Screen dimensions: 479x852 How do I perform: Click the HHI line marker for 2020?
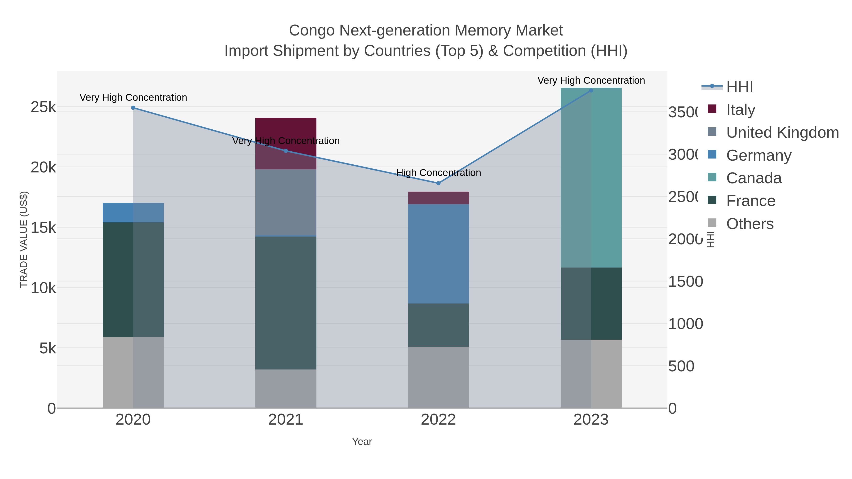click(133, 108)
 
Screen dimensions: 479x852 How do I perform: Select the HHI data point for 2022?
click(438, 183)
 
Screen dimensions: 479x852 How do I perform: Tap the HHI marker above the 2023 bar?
click(591, 91)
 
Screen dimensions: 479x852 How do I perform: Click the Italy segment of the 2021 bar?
click(286, 132)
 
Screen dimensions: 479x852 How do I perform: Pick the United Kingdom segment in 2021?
click(286, 202)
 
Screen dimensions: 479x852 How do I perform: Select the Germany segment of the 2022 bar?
click(438, 254)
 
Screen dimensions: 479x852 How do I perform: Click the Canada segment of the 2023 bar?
click(591, 177)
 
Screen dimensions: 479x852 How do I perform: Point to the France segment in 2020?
click(133, 279)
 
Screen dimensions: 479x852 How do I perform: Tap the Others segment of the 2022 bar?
click(438, 377)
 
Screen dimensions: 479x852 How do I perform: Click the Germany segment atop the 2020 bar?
click(133, 213)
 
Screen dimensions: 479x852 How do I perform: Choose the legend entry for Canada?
click(754, 178)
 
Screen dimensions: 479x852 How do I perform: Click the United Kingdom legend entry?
click(782, 132)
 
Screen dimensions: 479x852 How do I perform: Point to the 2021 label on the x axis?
click(286, 420)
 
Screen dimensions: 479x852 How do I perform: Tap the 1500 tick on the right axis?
click(685, 282)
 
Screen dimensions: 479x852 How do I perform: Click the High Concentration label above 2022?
click(438, 173)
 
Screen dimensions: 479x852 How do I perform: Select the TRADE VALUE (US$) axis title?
click(24, 239)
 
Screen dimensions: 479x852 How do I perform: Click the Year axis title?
click(362, 442)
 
